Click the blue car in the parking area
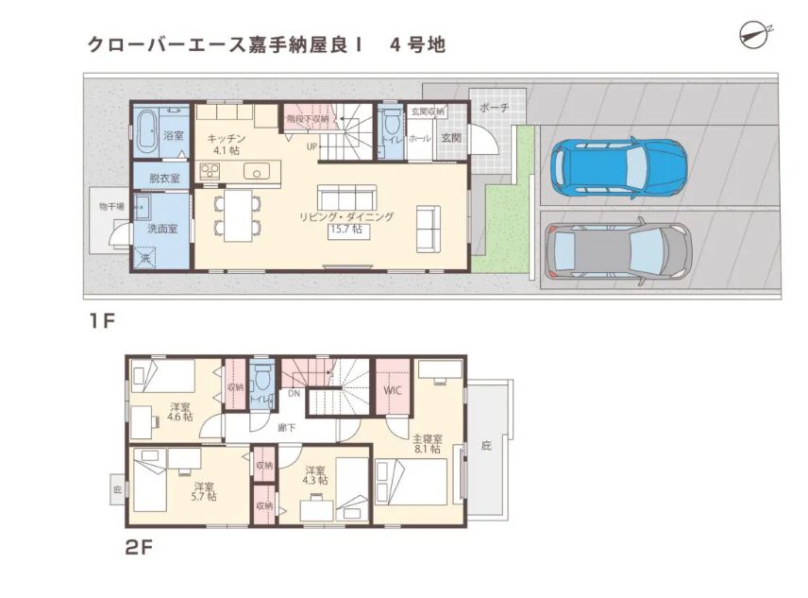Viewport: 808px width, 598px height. point(619,167)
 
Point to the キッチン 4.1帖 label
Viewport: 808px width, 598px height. point(227,145)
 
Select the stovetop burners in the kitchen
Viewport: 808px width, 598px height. point(210,171)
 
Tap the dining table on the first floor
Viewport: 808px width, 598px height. point(238,215)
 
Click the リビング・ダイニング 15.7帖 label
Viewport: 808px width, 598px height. point(346,223)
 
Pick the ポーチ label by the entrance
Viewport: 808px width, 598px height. point(495,108)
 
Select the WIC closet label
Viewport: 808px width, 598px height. point(392,390)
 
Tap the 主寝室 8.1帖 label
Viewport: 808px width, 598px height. point(428,444)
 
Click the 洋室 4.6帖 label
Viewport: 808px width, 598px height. point(180,411)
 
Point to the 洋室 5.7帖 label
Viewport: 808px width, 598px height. point(205,491)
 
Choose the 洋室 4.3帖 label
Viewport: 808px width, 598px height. point(315,475)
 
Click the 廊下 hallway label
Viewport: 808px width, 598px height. point(286,427)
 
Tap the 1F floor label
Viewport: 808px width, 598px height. point(102,321)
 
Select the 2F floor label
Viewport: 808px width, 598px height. point(139,547)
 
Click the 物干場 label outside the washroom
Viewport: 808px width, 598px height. point(111,207)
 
